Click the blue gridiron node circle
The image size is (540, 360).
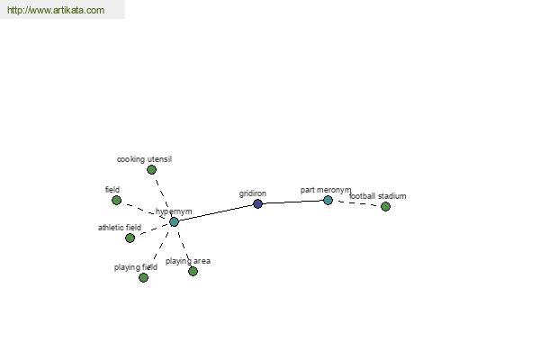(257, 204)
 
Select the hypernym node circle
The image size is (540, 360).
(175, 222)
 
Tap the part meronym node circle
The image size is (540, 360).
(328, 200)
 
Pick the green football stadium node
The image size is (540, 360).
(386, 207)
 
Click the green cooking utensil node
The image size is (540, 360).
(151, 169)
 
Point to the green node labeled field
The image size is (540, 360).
(116, 200)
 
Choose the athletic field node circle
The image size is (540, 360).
(130, 238)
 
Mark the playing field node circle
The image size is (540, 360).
(143, 277)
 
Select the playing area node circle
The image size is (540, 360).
(193, 272)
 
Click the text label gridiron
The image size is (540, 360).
(253, 194)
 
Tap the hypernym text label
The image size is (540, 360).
(174, 211)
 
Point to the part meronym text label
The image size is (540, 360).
(326, 190)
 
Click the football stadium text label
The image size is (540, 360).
(377, 196)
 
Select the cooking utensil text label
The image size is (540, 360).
(144, 159)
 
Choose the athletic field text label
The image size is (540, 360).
(120, 228)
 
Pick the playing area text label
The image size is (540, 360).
(188, 261)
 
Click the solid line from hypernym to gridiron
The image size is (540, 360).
(216, 213)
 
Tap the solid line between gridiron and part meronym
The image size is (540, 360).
(292, 202)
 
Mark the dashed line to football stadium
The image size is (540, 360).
(356, 203)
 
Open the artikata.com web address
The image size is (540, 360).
(56, 10)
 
